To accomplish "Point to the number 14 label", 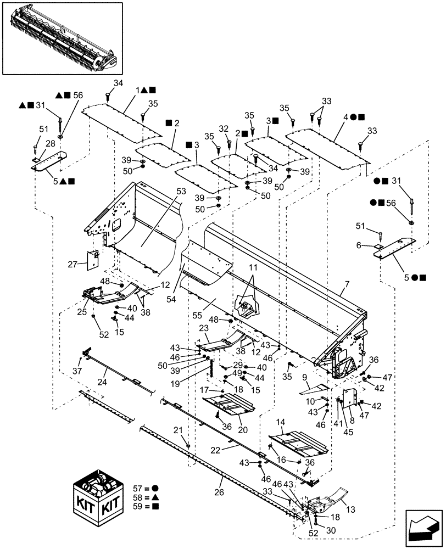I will point(280,422).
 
